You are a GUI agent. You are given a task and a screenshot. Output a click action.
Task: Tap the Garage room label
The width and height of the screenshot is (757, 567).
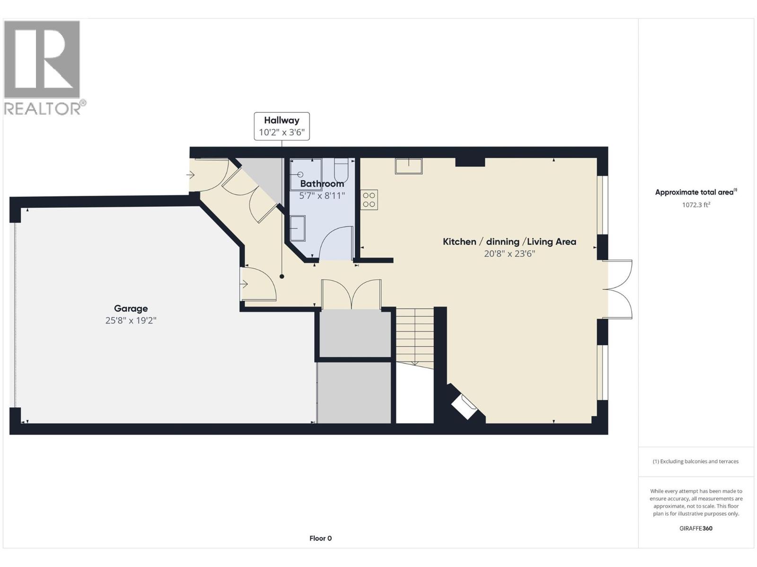click(x=131, y=309)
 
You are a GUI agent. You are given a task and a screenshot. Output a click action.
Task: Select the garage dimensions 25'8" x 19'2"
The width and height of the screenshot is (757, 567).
click(x=131, y=321)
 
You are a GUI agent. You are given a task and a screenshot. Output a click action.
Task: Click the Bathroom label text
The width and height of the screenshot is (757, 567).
click(x=322, y=184)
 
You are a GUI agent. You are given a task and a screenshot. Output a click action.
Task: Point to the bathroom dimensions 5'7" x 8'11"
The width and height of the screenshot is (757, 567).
click(x=322, y=196)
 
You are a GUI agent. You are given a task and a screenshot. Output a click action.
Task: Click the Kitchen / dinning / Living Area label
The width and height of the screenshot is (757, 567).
click(x=509, y=241)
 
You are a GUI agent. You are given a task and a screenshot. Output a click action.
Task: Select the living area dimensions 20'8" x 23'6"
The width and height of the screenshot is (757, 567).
click(x=509, y=254)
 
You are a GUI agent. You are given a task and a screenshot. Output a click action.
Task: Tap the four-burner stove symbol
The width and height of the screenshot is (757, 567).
click(x=369, y=200)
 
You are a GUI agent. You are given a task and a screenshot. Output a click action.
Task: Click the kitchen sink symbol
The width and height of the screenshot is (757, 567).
click(x=409, y=166)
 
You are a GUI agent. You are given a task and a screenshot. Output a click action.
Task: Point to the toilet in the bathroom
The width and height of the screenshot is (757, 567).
click(x=341, y=170)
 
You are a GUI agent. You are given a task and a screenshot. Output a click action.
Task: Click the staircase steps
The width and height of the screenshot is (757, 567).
click(x=415, y=335)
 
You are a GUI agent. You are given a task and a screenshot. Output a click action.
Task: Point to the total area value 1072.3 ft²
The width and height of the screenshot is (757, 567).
click(x=696, y=205)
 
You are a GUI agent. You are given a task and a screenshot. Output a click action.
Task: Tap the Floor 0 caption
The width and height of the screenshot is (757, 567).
click(x=320, y=538)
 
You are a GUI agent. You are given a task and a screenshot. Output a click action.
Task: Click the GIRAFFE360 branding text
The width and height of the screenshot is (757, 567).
click(x=695, y=528)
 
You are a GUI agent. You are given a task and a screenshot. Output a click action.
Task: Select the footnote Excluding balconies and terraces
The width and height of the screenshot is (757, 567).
click(x=695, y=461)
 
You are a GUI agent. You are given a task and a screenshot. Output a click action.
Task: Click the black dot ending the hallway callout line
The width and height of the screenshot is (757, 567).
click(x=282, y=276)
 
